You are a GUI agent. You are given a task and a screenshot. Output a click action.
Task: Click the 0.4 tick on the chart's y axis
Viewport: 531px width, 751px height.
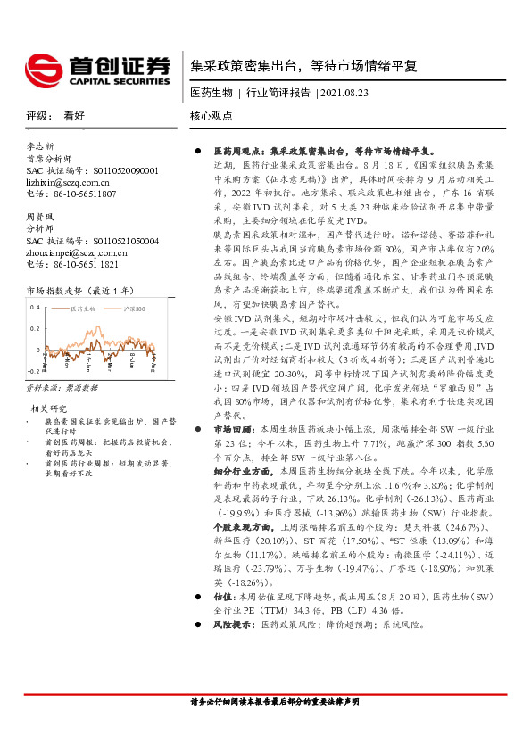click(34, 308)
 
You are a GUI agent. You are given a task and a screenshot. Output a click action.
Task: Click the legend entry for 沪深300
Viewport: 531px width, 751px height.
click(127, 308)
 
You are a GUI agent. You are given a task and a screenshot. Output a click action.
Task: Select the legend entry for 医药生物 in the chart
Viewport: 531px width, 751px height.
click(84, 308)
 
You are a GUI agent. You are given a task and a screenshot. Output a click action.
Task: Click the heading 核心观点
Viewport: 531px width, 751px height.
click(212, 116)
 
